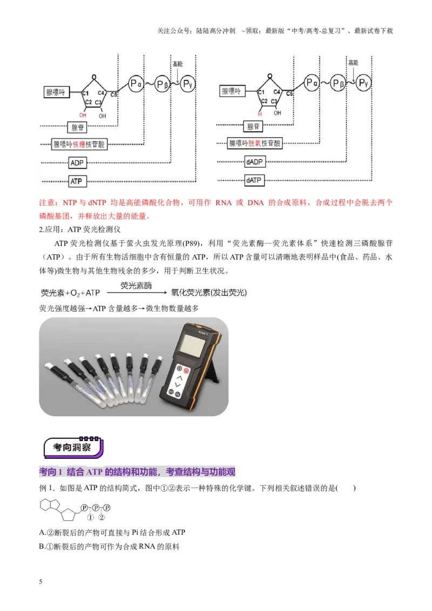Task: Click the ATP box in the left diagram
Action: click(77, 181)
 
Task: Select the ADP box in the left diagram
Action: click(77, 162)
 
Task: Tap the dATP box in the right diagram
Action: click(254, 180)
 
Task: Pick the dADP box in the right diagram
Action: click(254, 162)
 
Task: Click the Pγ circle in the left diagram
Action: click(187, 83)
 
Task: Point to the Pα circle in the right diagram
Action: click(312, 83)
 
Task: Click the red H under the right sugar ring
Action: click(260, 114)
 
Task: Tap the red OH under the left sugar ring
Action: click(83, 116)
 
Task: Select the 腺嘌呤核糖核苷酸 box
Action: click(79, 144)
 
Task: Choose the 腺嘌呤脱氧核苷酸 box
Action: click(254, 143)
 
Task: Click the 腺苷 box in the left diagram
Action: click(77, 127)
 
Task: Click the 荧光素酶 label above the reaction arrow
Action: click(136, 286)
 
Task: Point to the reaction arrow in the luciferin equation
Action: click(137, 293)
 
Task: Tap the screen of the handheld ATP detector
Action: click(191, 345)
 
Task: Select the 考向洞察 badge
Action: click(73, 447)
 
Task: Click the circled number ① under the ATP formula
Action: click(91, 518)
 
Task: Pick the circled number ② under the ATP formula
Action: click(102, 518)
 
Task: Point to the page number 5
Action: click(40, 582)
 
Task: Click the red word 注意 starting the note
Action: click(47, 202)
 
